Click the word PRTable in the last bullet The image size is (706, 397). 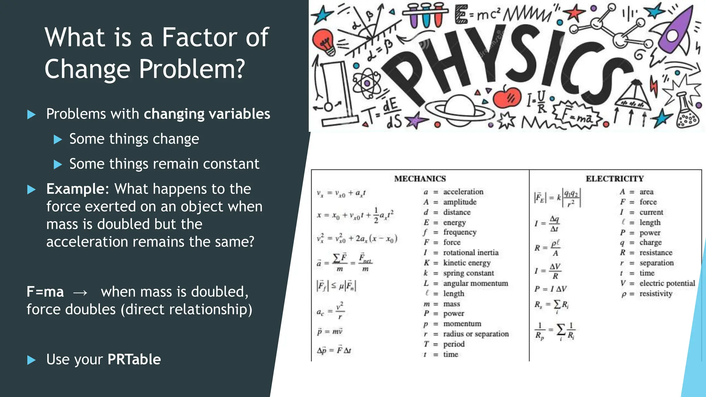click(x=134, y=359)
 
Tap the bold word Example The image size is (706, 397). click(x=75, y=189)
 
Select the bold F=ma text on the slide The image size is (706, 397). click(x=45, y=292)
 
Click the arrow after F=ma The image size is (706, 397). click(x=80, y=293)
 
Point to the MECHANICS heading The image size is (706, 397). click(x=420, y=179)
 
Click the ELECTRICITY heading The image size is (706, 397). click(x=615, y=179)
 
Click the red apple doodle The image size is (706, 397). click(x=506, y=97)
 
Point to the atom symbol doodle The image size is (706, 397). click(x=367, y=83)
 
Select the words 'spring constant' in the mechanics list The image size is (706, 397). click(x=468, y=273)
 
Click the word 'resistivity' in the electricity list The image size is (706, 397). click(x=656, y=294)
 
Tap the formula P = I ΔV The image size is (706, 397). click(x=550, y=289)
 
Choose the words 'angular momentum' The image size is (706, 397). click(x=475, y=283)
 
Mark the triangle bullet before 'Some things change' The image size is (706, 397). click(x=58, y=140)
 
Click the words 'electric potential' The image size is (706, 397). click(x=667, y=283)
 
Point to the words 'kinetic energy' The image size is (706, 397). click(x=467, y=263)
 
